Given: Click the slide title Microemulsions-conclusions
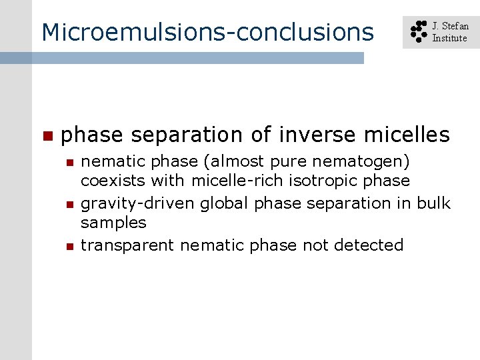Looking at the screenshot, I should click(207, 32).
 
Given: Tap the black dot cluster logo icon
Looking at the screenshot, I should click(418, 32).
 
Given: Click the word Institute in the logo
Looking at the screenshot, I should click(449, 38).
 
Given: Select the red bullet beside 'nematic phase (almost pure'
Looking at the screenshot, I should click(69, 162).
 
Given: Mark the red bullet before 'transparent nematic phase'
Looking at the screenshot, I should click(69, 247).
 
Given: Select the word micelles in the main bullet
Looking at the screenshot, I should click(407, 135).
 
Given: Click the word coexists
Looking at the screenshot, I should click(113, 181).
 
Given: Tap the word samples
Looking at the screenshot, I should click(113, 223).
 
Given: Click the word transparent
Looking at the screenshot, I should click(128, 245).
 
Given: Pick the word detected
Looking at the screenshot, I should click(369, 245).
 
